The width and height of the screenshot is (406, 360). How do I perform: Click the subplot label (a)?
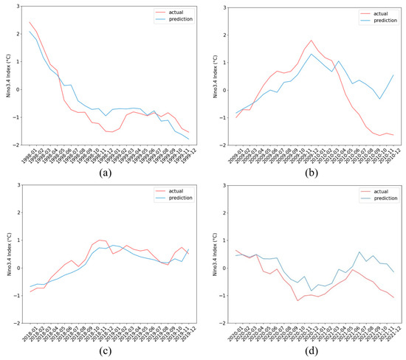(x=106, y=174)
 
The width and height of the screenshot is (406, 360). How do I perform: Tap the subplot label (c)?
(x=106, y=353)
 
